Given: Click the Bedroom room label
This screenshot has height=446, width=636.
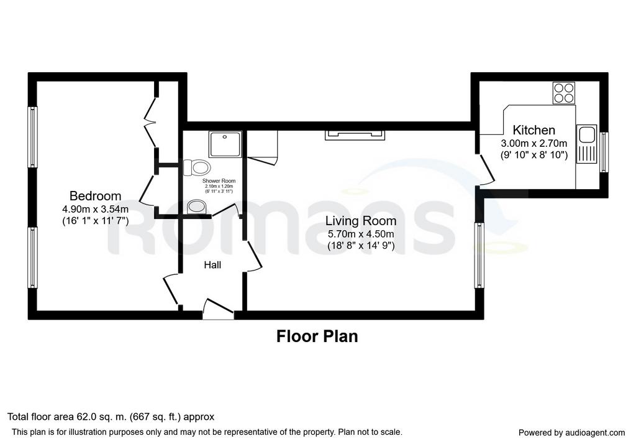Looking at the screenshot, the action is click(95, 196).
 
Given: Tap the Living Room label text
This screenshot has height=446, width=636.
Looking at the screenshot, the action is click(361, 221).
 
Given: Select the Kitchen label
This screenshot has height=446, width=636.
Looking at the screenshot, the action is click(534, 130).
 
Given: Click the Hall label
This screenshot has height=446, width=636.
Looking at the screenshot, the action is click(212, 265).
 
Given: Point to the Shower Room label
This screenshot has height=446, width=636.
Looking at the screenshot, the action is click(219, 181).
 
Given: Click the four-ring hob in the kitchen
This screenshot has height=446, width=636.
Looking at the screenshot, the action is click(564, 93).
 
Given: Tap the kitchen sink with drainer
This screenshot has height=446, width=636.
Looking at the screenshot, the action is click(586, 144).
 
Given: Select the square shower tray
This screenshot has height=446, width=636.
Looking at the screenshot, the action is click(225, 144).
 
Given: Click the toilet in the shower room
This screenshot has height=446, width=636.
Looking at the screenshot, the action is click(197, 167).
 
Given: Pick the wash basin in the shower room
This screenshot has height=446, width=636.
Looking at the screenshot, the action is click(198, 207).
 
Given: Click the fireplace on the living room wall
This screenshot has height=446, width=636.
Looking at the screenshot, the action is click(355, 135).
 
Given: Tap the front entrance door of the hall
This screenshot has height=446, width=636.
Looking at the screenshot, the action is click(218, 309).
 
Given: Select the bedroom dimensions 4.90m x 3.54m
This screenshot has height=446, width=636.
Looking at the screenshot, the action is click(95, 210).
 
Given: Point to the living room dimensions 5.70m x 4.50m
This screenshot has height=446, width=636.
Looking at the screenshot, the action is click(361, 235).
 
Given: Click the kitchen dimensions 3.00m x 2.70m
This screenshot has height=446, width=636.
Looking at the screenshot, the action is click(534, 144).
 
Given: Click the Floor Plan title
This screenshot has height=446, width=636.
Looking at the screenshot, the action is click(317, 337).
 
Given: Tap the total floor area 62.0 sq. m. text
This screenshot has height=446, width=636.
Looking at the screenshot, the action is click(111, 417).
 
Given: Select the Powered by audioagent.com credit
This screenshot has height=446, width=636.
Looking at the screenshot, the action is click(572, 432).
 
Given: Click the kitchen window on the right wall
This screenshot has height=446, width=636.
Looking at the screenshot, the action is click(604, 152).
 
